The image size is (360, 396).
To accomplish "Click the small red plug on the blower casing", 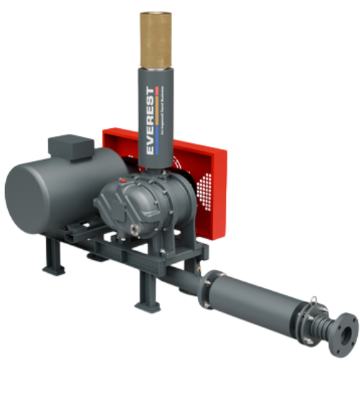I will (123, 178).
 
